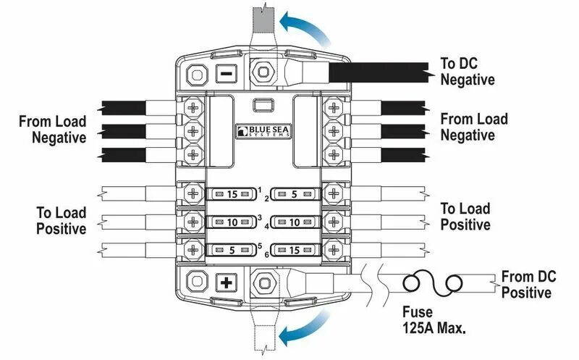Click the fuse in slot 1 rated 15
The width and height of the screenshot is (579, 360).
coord(232,194)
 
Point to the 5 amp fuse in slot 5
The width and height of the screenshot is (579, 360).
coord(232,250)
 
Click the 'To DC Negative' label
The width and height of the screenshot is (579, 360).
coord(468,70)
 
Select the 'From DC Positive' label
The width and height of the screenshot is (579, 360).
coord(525,284)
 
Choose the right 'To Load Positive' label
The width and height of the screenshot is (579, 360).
coord(465,216)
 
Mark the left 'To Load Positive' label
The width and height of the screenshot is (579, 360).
coord(62,220)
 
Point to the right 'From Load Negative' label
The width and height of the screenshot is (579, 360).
coord(474,126)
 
